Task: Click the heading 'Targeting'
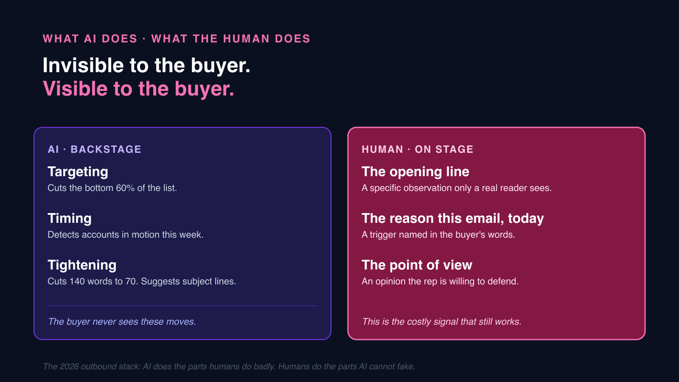pyautogui.click(x=78, y=172)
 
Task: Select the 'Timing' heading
pyautogui.click(x=70, y=219)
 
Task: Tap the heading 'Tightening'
pyautogui.click(x=82, y=265)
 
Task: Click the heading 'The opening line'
pyautogui.click(x=415, y=172)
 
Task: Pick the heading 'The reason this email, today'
pyautogui.click(x=452, y=219)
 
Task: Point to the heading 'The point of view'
pyautogui.click(x=417, y=265)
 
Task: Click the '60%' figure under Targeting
pyautogui.click(x=125, y=188)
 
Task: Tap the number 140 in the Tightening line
pyautogui.click(x=77, y=281)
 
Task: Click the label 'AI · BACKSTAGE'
pyautogui.click(x=94, y=149)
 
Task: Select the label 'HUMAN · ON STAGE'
pyautogui.click(x=417, y=149)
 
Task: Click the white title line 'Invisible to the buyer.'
pyautogui.click(x=146, y=66)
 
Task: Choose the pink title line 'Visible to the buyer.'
pyautogui.click(x=138, y=89)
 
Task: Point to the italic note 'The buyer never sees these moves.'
pyautogui.click(x=122, y=322)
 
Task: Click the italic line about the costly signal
pyautogui.click(x=441, y=322)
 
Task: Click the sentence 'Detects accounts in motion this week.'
pyautogui.click(x=125, y=235)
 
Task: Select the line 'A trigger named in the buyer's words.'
pyautogui.click(x=438, y=235)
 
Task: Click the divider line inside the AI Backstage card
pyautogui.click(x=182, y=306)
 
